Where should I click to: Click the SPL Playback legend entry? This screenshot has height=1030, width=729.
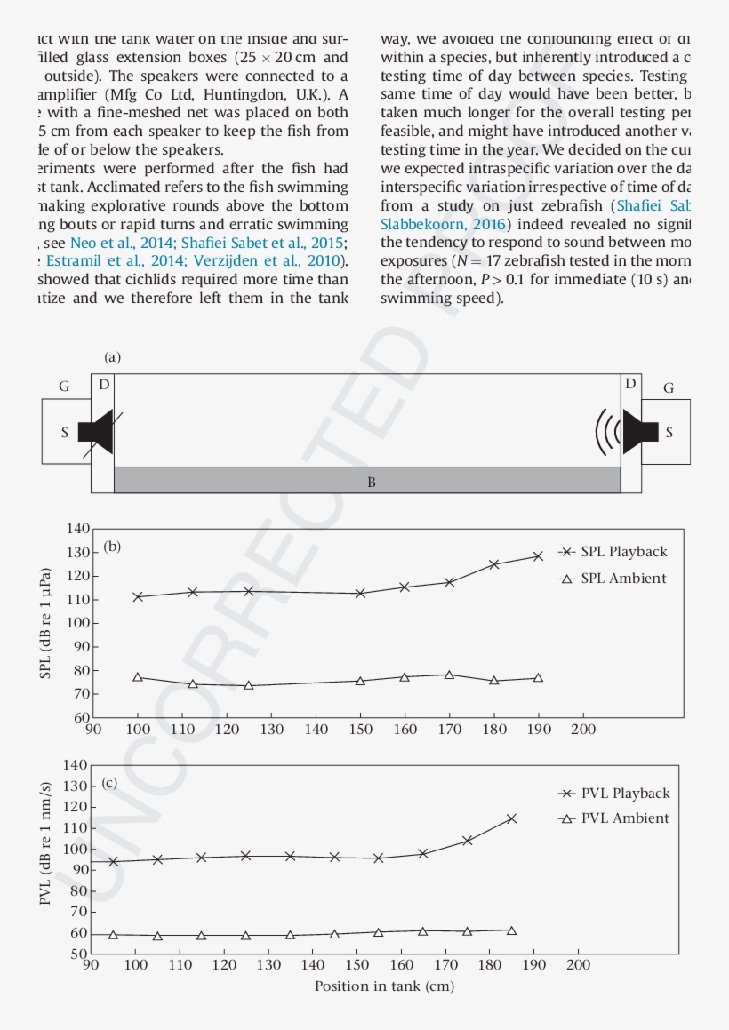pyautogui.click(x=613, y=552)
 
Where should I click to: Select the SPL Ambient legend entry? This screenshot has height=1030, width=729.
pyautogui.click(x=613, y=579)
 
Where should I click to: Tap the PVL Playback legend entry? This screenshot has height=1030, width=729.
pyautogui.click(x=614, y=794)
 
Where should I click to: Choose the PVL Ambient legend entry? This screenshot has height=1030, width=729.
pyautogui.click(x=614, y=818)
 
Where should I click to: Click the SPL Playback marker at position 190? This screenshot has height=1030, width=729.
pyautogui.click(x=538, y=556)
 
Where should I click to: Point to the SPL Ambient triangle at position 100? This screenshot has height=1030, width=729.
pyautogui.click(x=138, y=677)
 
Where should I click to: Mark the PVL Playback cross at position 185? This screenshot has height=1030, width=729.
pyautogui.click(x=511, y=818)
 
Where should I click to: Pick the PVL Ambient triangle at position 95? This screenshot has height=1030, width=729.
pyautogui.click(x=113, y=935)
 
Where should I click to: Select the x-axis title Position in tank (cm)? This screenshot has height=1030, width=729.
pyautogui.click(x=385, y=986)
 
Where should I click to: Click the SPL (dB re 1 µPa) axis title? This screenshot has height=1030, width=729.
pyautogui.click(x=46, y=623)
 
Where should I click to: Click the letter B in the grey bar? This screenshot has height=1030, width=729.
pyautogui.click(x=372, y=483)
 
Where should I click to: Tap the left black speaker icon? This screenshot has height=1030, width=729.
pyautogui.click(x=95, y=431)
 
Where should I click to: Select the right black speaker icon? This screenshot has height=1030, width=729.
pyautogui.click(x=639, y=431)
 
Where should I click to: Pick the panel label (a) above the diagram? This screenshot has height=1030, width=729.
pyautogui.click(x=112, y=357)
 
